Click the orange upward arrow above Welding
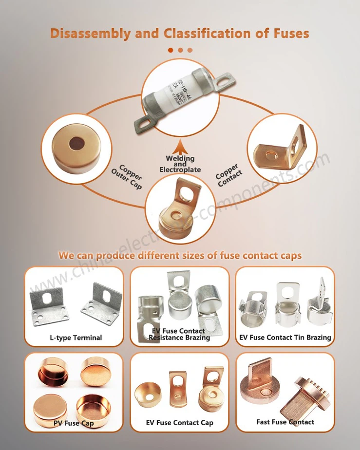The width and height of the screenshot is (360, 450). pyautogui.click(x=180, y=146)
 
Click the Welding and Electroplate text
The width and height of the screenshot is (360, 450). pyautogui.click(x=180, y=164)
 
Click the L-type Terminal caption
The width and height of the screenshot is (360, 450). pyautogui.click(x=76, y=337)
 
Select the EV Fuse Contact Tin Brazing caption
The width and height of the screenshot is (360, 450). pyautogui.click(x=285, y=337)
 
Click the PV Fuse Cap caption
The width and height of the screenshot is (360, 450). pyautogui.click(x=74, y=423)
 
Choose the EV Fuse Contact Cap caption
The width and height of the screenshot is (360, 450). pyautogui.click(x=180, y=422)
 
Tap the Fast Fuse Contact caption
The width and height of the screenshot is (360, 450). pyautogui.click(x=285, y=422)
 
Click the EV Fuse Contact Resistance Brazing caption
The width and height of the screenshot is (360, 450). pyautogui.click(x=180, y=334)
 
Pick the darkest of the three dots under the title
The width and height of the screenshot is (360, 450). pyautogui.click(x=171, y=50)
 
